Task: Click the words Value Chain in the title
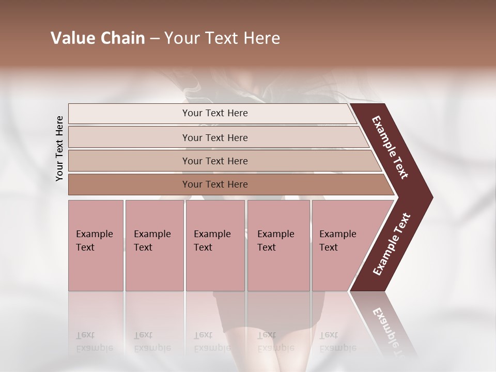point(98,38)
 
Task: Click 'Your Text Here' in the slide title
point(222,38)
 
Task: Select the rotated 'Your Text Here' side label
point(60,148)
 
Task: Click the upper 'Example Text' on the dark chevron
point(390,147)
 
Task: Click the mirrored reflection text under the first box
point(95,342)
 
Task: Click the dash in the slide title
point(154,39)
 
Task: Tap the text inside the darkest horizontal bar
point(215,184)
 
